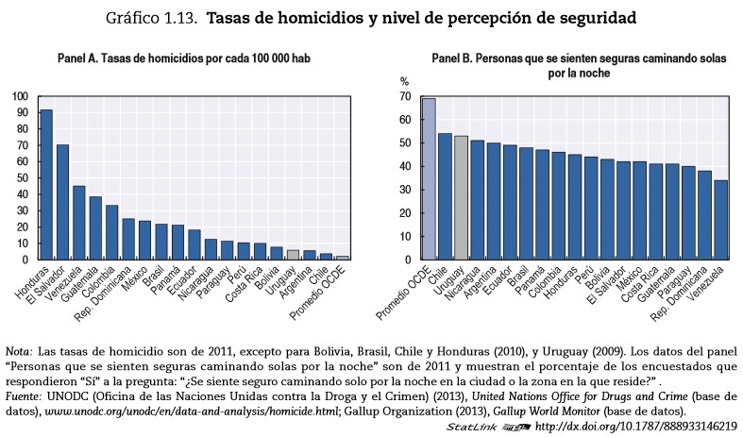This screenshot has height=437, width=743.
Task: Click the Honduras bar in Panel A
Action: coord(45,184)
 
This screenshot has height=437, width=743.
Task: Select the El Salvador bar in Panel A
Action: coord(63,201)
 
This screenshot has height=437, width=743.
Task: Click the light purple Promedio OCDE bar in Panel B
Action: coord(429,178)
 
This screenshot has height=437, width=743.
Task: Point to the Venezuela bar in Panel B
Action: coord(721,220)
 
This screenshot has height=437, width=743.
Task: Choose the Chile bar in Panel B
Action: coord(445,196)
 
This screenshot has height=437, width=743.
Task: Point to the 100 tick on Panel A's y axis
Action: coord(20,96)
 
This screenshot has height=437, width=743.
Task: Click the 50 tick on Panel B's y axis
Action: coord(404,143)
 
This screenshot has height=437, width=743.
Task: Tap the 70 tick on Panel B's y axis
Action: coord(404,96)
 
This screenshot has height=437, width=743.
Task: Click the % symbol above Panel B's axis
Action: coord(405,81)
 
